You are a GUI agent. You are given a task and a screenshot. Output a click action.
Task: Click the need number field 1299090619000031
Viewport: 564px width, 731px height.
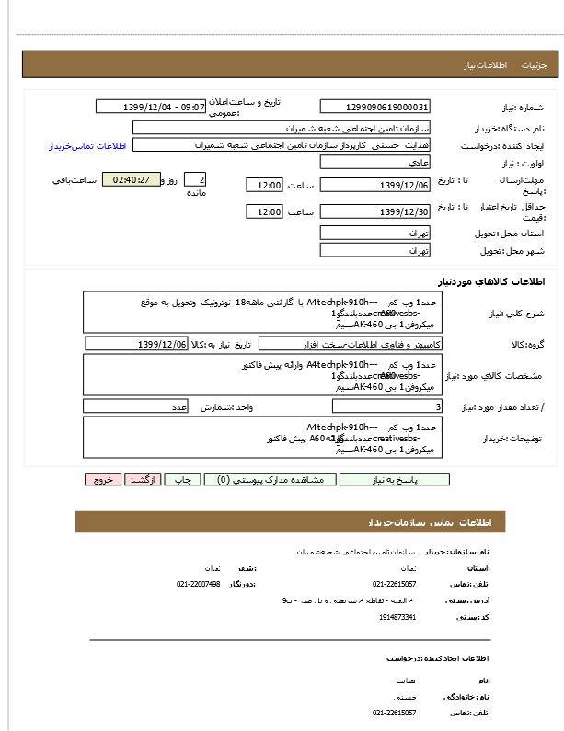point(374,107)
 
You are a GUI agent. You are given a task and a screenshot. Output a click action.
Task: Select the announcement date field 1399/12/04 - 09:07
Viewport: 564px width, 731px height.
point(151,107)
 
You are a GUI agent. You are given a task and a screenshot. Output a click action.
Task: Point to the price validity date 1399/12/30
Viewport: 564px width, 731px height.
point(374,212)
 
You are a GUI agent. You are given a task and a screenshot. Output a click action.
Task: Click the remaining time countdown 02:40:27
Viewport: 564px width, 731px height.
point(131,179)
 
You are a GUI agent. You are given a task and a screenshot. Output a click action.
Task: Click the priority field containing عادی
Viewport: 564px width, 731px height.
point(374,162)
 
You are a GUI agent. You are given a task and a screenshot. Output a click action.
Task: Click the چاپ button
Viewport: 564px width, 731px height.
point(184,479)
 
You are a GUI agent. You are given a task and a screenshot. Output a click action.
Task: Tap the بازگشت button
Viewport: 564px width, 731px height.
point(144,479)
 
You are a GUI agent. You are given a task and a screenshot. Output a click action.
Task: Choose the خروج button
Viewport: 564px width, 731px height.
point(102,479)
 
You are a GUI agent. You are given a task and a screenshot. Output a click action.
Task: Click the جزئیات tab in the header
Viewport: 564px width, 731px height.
point(535,65)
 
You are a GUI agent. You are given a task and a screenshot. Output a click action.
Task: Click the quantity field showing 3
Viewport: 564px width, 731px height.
point(385,405)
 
